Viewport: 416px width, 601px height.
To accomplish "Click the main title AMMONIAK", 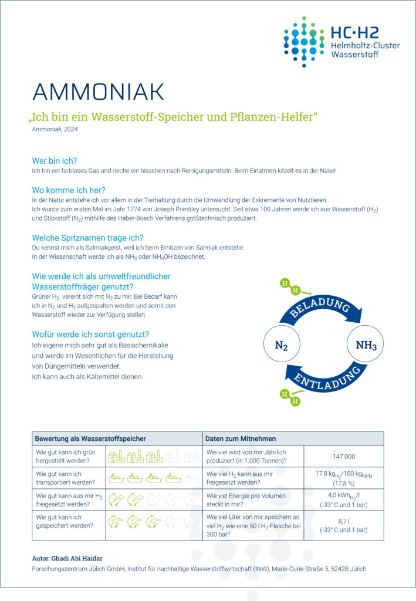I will [98, 92].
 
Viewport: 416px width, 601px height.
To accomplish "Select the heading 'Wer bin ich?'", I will [55, 160].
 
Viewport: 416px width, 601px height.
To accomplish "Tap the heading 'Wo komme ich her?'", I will [69, 190].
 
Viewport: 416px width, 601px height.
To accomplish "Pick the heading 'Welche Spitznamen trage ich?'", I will [88, 238].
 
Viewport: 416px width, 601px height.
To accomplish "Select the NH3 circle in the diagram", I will [366, 345].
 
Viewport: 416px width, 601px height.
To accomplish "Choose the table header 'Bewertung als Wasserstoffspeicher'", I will [90, 438].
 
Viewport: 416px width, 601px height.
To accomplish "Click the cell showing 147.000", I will [343, 456].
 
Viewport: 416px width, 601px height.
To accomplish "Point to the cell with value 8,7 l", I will [343, 521].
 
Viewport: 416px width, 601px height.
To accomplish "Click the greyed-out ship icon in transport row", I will [192, 478].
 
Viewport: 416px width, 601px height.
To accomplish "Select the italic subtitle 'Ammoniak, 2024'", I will [55, 129].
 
